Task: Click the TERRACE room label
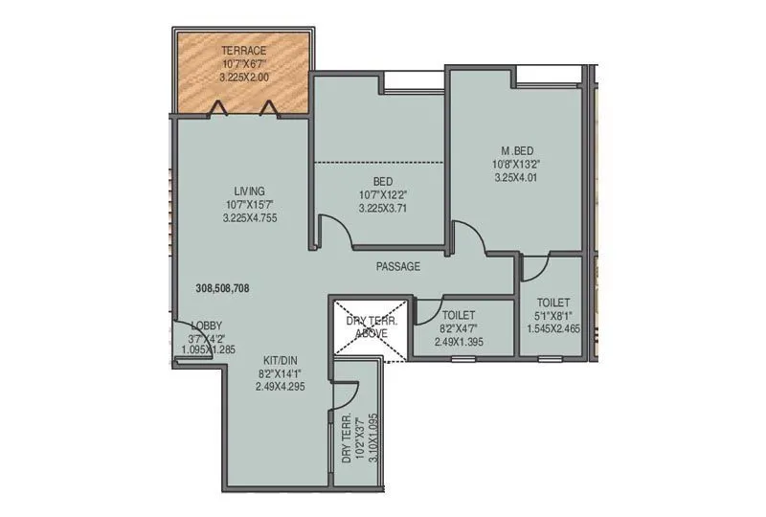[243, 50]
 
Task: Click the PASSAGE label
[397, 266]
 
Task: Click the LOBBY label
[207, 326]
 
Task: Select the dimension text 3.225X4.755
[243, 218]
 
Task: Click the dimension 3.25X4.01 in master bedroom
[517, 176]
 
